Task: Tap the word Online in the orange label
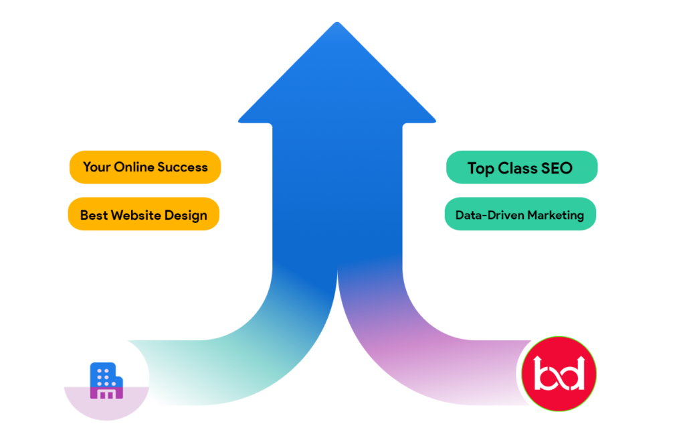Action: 132,167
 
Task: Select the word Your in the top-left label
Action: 96,167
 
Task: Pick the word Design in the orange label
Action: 185,216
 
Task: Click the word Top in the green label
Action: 480,168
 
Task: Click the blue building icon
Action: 106,380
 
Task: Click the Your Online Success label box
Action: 144,167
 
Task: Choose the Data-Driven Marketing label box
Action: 520,214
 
